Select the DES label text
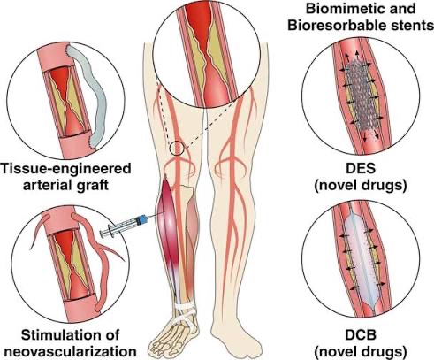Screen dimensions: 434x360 click(x=361, y=168)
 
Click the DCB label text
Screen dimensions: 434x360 click(x=361, y=335)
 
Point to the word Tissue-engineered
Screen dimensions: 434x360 click(x=65, y=169)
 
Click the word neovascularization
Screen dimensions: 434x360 click(x=71, y=352)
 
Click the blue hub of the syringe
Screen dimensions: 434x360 click(x=143, y=219)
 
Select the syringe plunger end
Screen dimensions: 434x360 click(x=103, y=234)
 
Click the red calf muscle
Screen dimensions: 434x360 click(x=167, y=224)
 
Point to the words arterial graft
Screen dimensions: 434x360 click(x=65, y=186)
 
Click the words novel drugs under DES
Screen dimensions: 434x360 click(x=361, y=186)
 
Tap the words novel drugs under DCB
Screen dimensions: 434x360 click(x=361, y=352)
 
